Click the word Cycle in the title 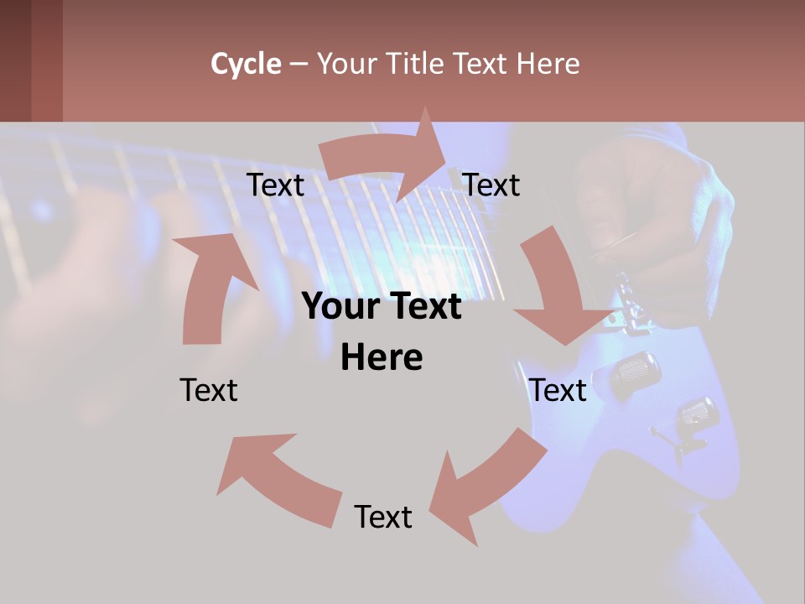[246, 64]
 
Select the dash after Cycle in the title [299, 65]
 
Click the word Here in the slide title [547, 64]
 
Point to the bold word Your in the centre [340, 307]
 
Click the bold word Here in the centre [382, 358]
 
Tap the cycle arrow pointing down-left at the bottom [486, 487]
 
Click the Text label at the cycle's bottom [383, 517]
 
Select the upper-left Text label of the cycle [275, 185]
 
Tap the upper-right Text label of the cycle [491, 185]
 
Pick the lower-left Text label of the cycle [209, 390]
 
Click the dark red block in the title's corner [31, 60]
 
